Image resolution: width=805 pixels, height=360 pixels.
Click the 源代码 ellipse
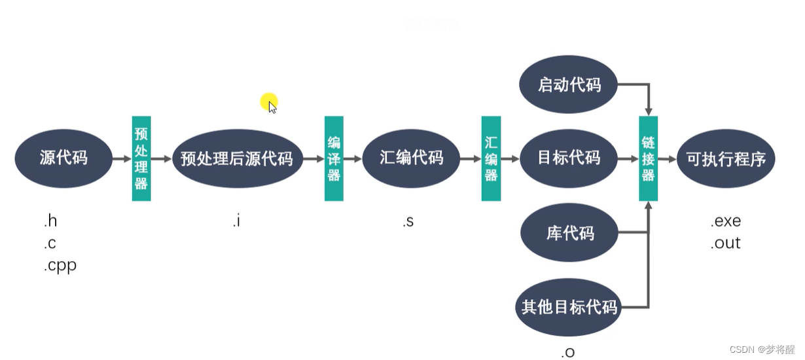(63, 158)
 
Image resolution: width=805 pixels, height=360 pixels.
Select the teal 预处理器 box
(141, 158)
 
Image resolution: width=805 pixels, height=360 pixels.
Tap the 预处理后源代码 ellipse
(237, 158)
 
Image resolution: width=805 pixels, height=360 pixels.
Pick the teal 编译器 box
(334, 158)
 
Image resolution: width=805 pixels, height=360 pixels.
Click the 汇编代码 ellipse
(411, 158)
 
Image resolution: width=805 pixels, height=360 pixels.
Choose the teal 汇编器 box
(491, 158)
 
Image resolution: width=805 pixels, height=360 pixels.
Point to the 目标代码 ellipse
(569, 158)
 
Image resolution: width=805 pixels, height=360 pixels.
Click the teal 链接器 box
(648, 158)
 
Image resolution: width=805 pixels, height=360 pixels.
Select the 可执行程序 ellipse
(726, 158)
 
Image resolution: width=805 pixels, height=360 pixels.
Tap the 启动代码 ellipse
(569, 85)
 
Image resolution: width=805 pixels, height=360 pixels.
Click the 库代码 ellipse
(569, 233)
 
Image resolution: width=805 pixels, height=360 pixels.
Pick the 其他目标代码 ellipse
(569, 307)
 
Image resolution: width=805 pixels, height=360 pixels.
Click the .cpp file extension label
(60, 265)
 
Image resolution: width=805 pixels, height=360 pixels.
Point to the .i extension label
(236, 221)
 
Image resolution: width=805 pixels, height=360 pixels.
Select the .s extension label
(408, 221)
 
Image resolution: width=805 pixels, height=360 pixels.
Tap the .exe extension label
(725, 221)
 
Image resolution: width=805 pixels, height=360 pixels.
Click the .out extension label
(725, 243)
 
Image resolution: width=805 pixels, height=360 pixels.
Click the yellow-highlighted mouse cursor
(270, 103)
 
